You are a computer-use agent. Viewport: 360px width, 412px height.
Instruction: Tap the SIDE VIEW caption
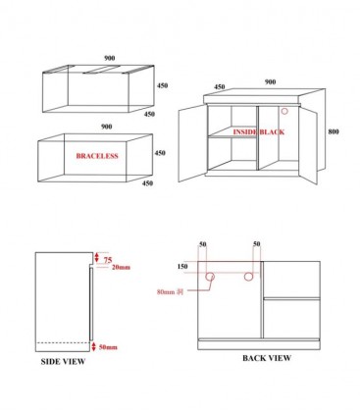coord(62,362)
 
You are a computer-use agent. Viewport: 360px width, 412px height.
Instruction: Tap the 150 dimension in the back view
coord(182,265)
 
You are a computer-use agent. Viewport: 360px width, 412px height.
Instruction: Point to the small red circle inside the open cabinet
coord(284,110)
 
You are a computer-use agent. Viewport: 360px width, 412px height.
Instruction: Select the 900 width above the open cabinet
coord(267,80)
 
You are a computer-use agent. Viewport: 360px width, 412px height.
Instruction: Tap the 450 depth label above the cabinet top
coord(220,86)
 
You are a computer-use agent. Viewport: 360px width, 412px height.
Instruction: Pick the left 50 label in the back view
coord(202,242)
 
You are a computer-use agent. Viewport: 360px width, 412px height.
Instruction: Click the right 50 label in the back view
coord(257,242)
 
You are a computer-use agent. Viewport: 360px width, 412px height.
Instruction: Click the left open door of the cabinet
coord(191,141)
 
